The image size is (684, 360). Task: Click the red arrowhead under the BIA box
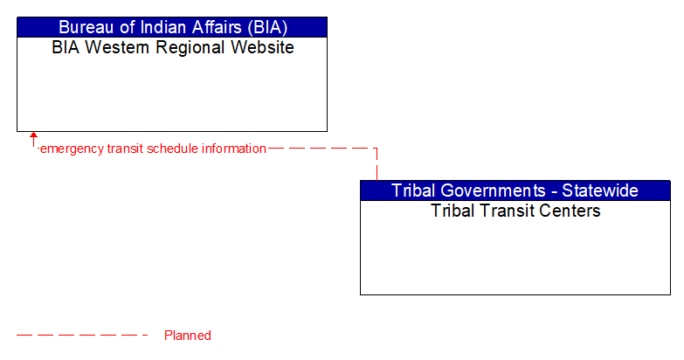click(33, 136)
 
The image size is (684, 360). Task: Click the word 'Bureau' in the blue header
click(86, 26)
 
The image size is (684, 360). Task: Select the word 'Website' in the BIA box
click(259, 47)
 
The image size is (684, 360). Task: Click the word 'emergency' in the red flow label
click(72, 149)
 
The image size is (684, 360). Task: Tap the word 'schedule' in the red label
click(172, 149)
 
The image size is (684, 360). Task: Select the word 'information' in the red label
click(233, 149)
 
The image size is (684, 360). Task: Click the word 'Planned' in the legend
click(187, 336)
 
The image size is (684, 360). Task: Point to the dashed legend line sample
click(82, 336)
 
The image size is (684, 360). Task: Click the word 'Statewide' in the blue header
click(600, 190)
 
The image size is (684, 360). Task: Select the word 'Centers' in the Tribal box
click(570, 211)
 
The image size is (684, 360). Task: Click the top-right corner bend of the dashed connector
click(377, 149)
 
